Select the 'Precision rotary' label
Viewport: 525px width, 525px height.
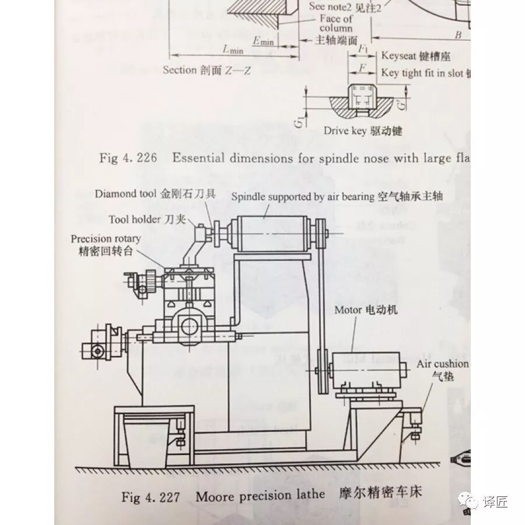pyautogui.click(x=106, y=239)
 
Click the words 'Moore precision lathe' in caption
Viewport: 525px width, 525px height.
pyautogui.click(x=260, y=496)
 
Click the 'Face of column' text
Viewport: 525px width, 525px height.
pyautogui.click(x=336, y=23)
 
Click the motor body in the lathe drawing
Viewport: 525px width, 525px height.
pyautogui.click(x=367, y=367)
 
